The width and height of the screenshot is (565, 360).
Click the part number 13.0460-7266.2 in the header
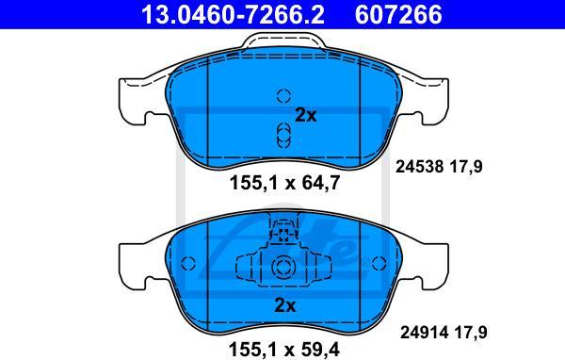233,14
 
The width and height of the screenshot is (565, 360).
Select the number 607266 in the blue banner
398,14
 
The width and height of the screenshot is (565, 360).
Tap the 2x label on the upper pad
305,115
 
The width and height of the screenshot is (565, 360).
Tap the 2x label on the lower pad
285,305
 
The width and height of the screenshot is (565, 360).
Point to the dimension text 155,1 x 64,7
284,183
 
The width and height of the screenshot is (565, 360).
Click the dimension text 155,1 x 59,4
284,349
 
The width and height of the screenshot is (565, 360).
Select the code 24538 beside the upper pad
419,167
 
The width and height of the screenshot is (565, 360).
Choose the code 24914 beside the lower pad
424,333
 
